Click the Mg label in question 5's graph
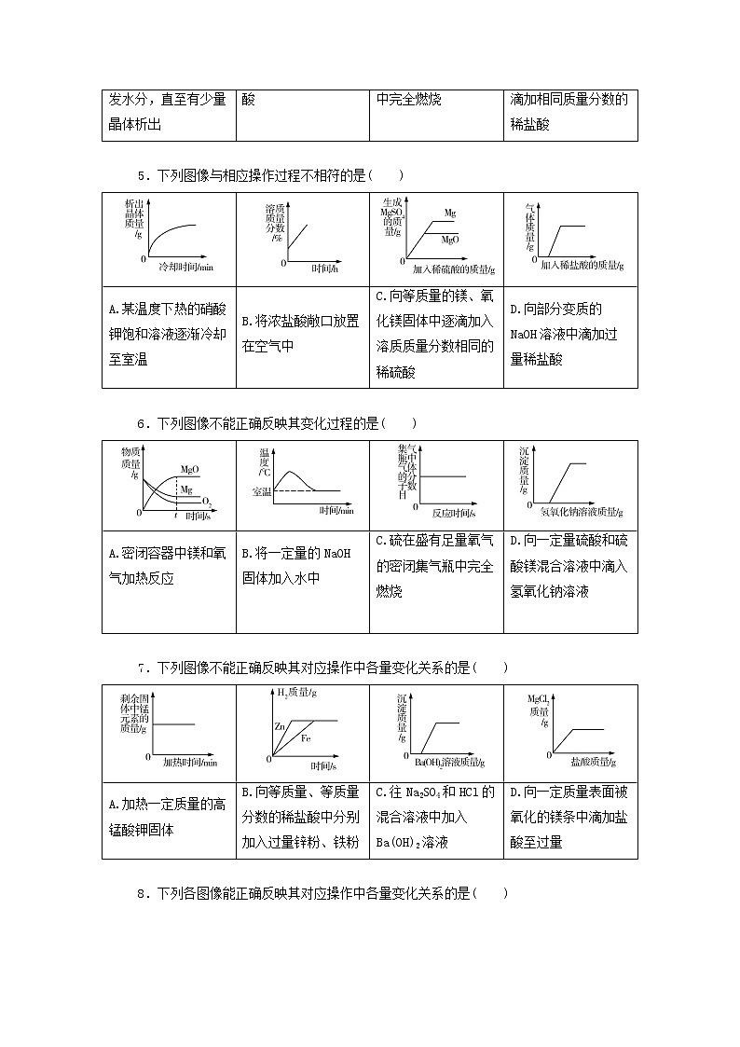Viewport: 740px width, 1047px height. pos(450,214)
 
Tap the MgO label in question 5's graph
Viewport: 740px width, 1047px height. pos(450,240)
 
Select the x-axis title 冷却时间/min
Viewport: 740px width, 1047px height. pos(186,268)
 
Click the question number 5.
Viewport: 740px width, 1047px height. pos(141,174)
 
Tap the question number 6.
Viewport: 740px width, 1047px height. pos(141,422)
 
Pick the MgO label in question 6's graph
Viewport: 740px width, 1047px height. pos(189,468)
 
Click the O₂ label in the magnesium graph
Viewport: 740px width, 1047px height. pos(207,504)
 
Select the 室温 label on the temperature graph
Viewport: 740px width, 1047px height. pos(263,491)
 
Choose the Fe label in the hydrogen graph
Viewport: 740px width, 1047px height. pos(306,738)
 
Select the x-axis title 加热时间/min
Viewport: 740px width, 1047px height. pos(190,763)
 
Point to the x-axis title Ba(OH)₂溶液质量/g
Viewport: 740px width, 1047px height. pos(449,763)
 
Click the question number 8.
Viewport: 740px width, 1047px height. pos(141,893)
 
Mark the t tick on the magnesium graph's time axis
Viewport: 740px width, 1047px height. pos(176,514)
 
